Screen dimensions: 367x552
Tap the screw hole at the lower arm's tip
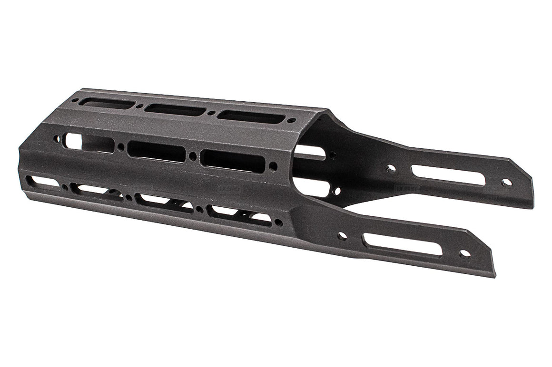coord(465,254)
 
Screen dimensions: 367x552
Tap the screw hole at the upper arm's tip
coord(505,182)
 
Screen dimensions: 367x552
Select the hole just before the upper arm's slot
coord(390,169)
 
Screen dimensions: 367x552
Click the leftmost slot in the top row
coord(106,103)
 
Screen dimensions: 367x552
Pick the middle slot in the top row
coord(176,110)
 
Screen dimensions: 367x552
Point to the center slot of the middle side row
coord(157,152)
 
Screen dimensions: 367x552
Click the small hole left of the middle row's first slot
coord(57,140)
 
